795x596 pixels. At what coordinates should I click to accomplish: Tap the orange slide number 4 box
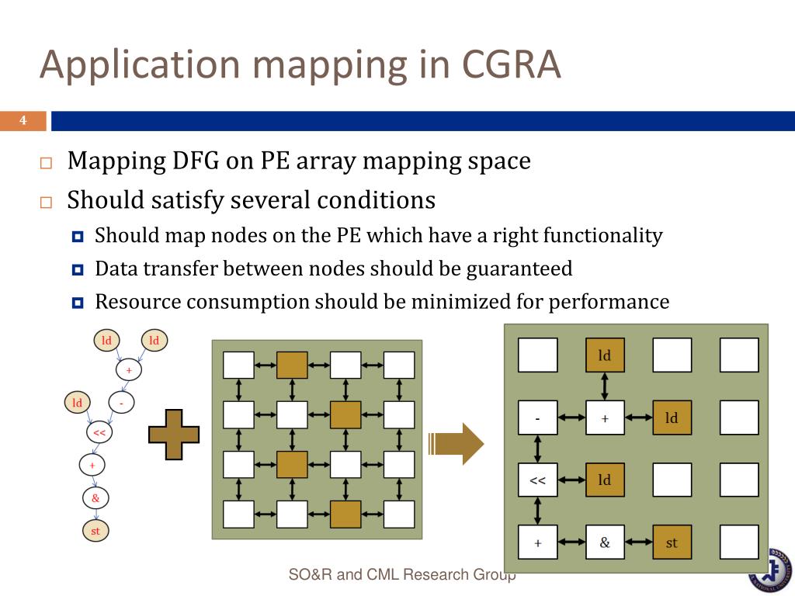pos(23,121)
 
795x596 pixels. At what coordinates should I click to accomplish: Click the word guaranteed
pos(519,269)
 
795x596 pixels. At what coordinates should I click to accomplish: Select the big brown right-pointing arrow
pos(457,444)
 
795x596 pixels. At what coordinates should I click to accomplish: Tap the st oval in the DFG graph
pos(95,531)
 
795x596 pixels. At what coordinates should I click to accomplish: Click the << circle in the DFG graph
pos(99,433)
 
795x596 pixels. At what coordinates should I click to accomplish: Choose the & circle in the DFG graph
pos(95,498)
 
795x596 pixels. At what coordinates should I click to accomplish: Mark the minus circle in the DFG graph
pos(121,403)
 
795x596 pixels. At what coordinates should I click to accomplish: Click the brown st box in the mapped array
pos(672,542)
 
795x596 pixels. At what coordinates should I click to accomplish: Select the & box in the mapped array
pos(605,542)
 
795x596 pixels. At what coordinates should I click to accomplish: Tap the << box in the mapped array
pos(537,480)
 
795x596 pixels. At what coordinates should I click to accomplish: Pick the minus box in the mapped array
pos(537,418)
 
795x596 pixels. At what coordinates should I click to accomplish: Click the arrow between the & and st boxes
pos(638,542)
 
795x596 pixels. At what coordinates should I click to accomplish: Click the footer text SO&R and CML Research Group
pos(402,575)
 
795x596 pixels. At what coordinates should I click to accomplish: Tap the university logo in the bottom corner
pos(772,571)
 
